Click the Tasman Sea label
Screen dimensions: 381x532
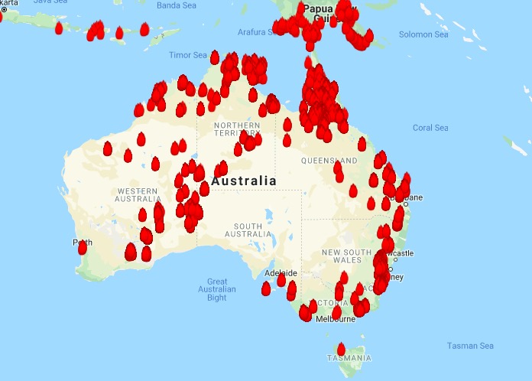470,346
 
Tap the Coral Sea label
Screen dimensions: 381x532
430,128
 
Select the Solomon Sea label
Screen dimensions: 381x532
423,34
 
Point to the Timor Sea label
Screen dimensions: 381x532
187,55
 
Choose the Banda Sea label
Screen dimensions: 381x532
177,5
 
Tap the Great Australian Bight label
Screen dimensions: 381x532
217,289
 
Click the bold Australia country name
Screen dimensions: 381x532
244,181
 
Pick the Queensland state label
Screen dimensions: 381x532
329,161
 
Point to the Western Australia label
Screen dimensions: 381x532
138,194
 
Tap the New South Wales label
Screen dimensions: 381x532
346,256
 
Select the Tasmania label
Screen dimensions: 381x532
349,358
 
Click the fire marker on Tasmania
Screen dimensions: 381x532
341,349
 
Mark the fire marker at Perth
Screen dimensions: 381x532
83,247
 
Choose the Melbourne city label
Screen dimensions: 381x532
336,318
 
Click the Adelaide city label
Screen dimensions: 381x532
280,272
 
